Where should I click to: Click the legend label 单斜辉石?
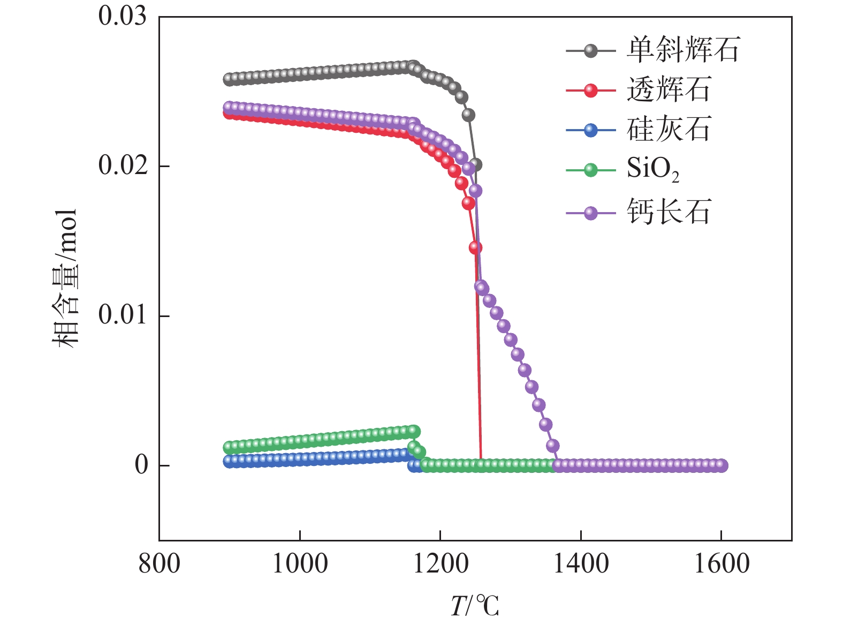point(683,50)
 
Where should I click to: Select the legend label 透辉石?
point(669,89)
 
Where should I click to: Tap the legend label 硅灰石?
point(669,129)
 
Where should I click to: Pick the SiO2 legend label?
point(653,169)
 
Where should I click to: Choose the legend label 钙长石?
point(669,212)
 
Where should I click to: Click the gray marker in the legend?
point(590,51)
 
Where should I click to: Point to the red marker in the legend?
point(590,90)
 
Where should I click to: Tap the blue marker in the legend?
point(590,130)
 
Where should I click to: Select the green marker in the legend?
point(590,170)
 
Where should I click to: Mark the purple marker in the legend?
point(590,213)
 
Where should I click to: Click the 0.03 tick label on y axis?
point(122,16)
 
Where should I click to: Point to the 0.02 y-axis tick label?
point(122,165)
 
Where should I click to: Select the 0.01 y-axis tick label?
point(122,315)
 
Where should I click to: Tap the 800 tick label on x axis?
point(159,564)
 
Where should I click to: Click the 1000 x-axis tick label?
point(300,564)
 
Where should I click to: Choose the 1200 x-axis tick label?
point(440,564)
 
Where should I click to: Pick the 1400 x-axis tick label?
point(581,564)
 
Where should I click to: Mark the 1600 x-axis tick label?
point(721,564)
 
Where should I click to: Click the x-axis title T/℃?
point(474,606)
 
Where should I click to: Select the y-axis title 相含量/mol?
point(65,278)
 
